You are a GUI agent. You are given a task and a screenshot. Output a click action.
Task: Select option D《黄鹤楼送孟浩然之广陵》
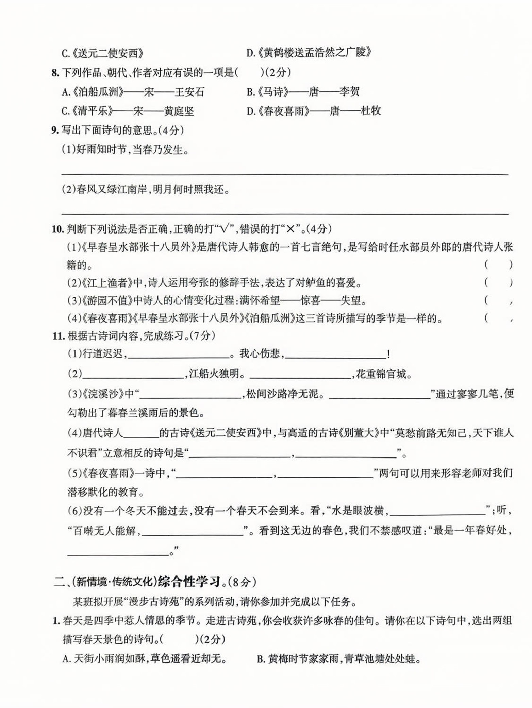(309, 52)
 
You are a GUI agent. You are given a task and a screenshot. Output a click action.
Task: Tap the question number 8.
(55, 72)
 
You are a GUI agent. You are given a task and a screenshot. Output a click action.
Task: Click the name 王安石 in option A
(189, 92)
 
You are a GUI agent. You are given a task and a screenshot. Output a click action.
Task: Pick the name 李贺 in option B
(349, 91)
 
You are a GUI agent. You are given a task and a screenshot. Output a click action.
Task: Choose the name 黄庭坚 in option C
(179, 111)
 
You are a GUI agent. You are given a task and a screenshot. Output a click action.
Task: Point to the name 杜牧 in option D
(370, 111)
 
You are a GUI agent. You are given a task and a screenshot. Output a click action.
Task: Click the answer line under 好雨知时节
(284, 174)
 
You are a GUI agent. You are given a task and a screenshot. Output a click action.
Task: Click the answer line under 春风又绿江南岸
(284, 214)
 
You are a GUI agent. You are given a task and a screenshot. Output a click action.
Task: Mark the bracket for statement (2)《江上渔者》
(498, 282)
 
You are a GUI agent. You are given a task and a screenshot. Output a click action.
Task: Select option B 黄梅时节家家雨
(339, 659)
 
